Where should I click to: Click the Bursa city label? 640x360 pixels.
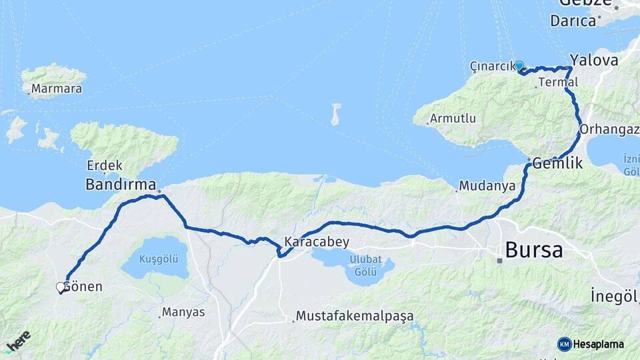tap(534, 251)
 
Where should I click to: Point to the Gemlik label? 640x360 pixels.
tap(558, 163)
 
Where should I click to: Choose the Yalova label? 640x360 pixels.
tap(593, 60)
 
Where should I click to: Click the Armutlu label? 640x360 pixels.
tap(453, 119)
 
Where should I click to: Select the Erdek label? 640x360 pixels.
tap(104, 165)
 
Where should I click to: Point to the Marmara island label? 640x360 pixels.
tap(57, 89)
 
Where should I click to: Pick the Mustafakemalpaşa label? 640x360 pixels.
tap(355, 315)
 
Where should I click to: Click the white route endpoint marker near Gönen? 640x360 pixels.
tap(61, 287)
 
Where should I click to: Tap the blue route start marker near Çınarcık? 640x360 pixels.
tap(519, 66)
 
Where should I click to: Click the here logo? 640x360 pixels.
tap(17, 341)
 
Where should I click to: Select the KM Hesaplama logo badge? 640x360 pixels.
tap(591, 344)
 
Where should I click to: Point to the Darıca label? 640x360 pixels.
tap(573, 21)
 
